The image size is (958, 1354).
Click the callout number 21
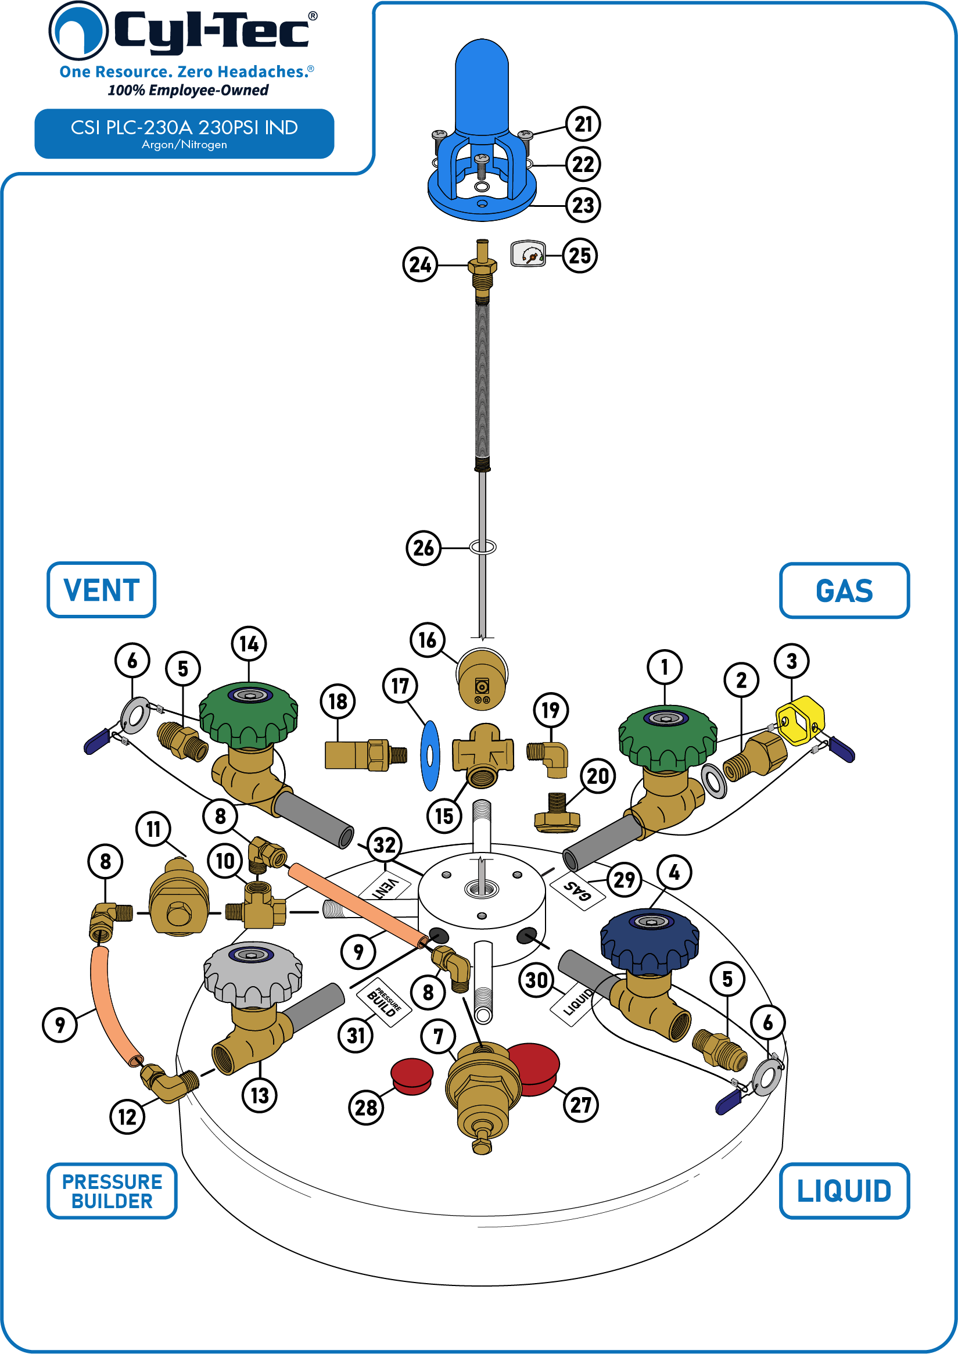point(583,124)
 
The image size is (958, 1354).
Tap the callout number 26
point(424,548)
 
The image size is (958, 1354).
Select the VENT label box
point(102,590)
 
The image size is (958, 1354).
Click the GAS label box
point(844,590)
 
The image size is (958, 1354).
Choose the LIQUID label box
point(844,1191)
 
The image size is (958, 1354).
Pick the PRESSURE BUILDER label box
point(112,1191)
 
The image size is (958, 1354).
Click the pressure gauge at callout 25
point(528,254)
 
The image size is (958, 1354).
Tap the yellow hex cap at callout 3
point(800,721)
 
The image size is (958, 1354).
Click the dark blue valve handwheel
point(650,941)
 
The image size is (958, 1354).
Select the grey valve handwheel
point(253,973)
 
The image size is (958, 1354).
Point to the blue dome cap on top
point(482,87)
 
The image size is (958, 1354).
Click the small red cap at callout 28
point(412,1077)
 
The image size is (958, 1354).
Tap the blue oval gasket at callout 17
point(430,755)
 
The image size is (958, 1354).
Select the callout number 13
point(260,1095)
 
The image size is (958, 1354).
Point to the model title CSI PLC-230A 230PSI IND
point(184,127)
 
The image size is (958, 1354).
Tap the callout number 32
point(385,845)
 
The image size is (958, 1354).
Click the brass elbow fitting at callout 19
point(548,760)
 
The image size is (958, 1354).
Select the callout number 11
point(153,829)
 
